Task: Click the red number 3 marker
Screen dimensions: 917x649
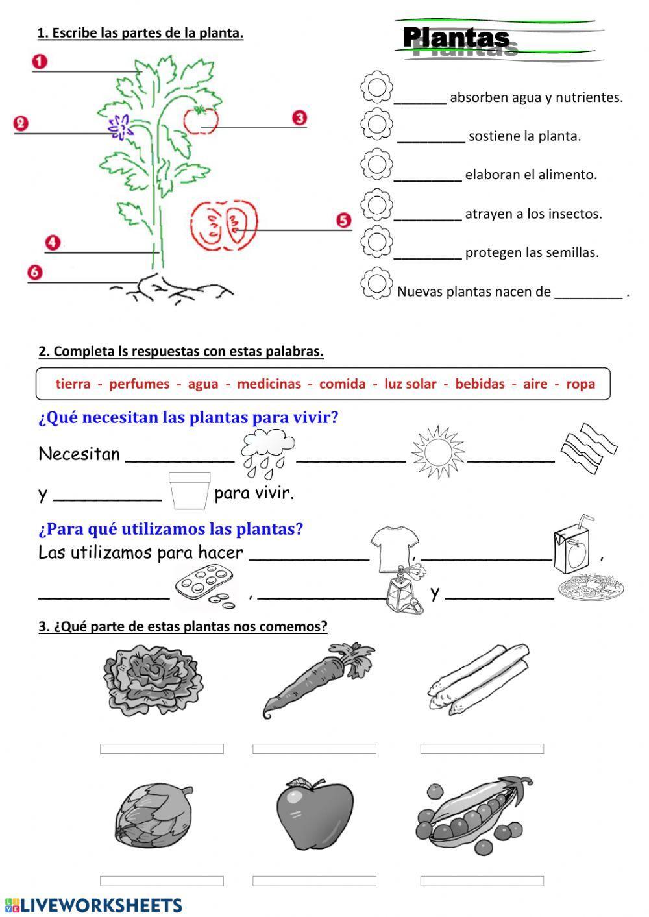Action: pyautogui.click(x=299, y=118)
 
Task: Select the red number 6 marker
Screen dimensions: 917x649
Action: pyautogui.click(x=34, y=272)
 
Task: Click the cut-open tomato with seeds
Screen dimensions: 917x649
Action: pyautogui.click(x=223, y=225)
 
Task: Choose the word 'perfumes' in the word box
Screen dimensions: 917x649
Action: pyautogui.click(x=139, y=384)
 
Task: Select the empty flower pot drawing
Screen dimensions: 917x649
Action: pyautogui.click(x=189, y=491)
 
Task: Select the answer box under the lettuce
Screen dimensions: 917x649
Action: pyautogui.click(x=162, y=749)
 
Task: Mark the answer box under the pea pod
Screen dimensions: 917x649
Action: pyautogui.click(x=482, y=881)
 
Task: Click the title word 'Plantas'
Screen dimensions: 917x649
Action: pyautogui.click(x=456, y=38)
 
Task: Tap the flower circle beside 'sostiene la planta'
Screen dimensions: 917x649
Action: pyautogui.click(x=376, y=125)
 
